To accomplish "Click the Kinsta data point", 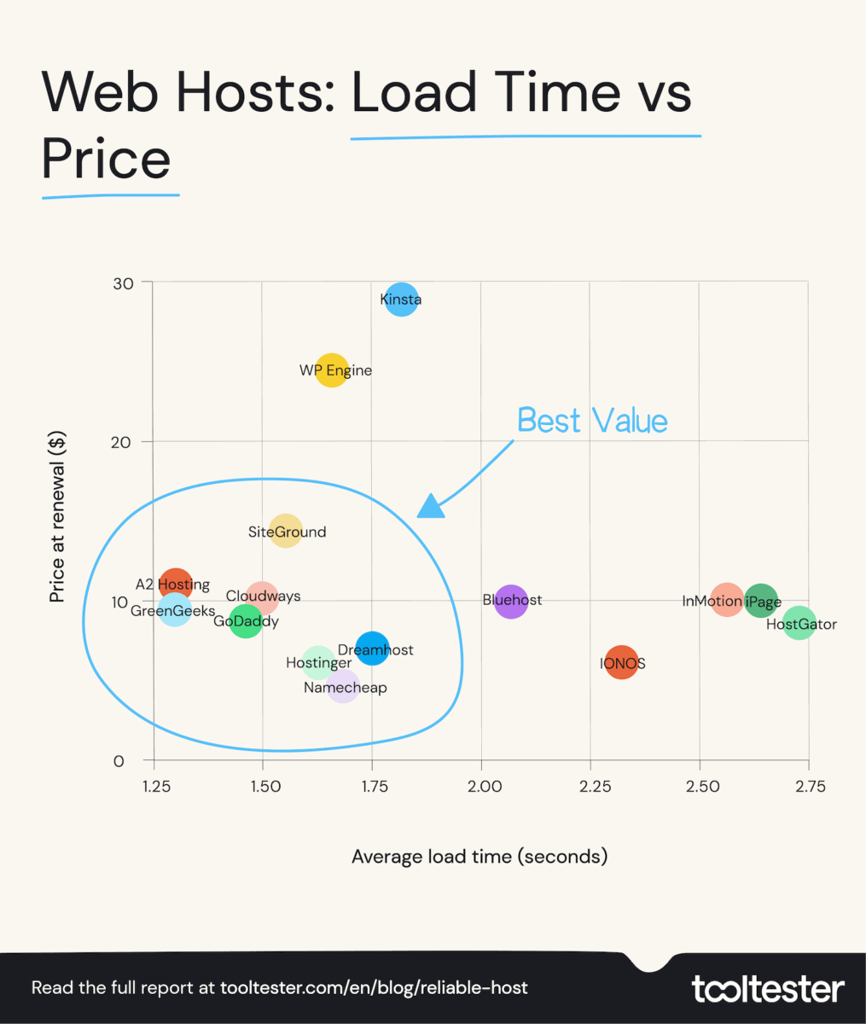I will click(401, 300).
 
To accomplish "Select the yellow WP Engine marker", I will click(332, 370).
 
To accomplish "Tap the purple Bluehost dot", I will click(511, 602).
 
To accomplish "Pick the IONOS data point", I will click(621, 663).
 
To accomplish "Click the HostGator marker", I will click(799, 623).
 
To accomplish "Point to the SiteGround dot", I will click(286, 531).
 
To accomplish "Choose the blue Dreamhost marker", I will click(373, 649).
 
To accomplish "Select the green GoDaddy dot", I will click(246, 620).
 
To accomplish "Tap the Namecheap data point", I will click(342, 686).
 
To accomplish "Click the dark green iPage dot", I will click(761, 601).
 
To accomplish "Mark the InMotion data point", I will click(727, 601).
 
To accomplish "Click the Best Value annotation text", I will click(592, 421).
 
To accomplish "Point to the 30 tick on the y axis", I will click(123, 283).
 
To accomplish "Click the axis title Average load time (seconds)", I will click(479, 856).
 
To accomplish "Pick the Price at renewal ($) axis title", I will click(57, 518).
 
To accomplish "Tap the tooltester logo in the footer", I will click(768, 989).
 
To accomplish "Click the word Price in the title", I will click(107, 160).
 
